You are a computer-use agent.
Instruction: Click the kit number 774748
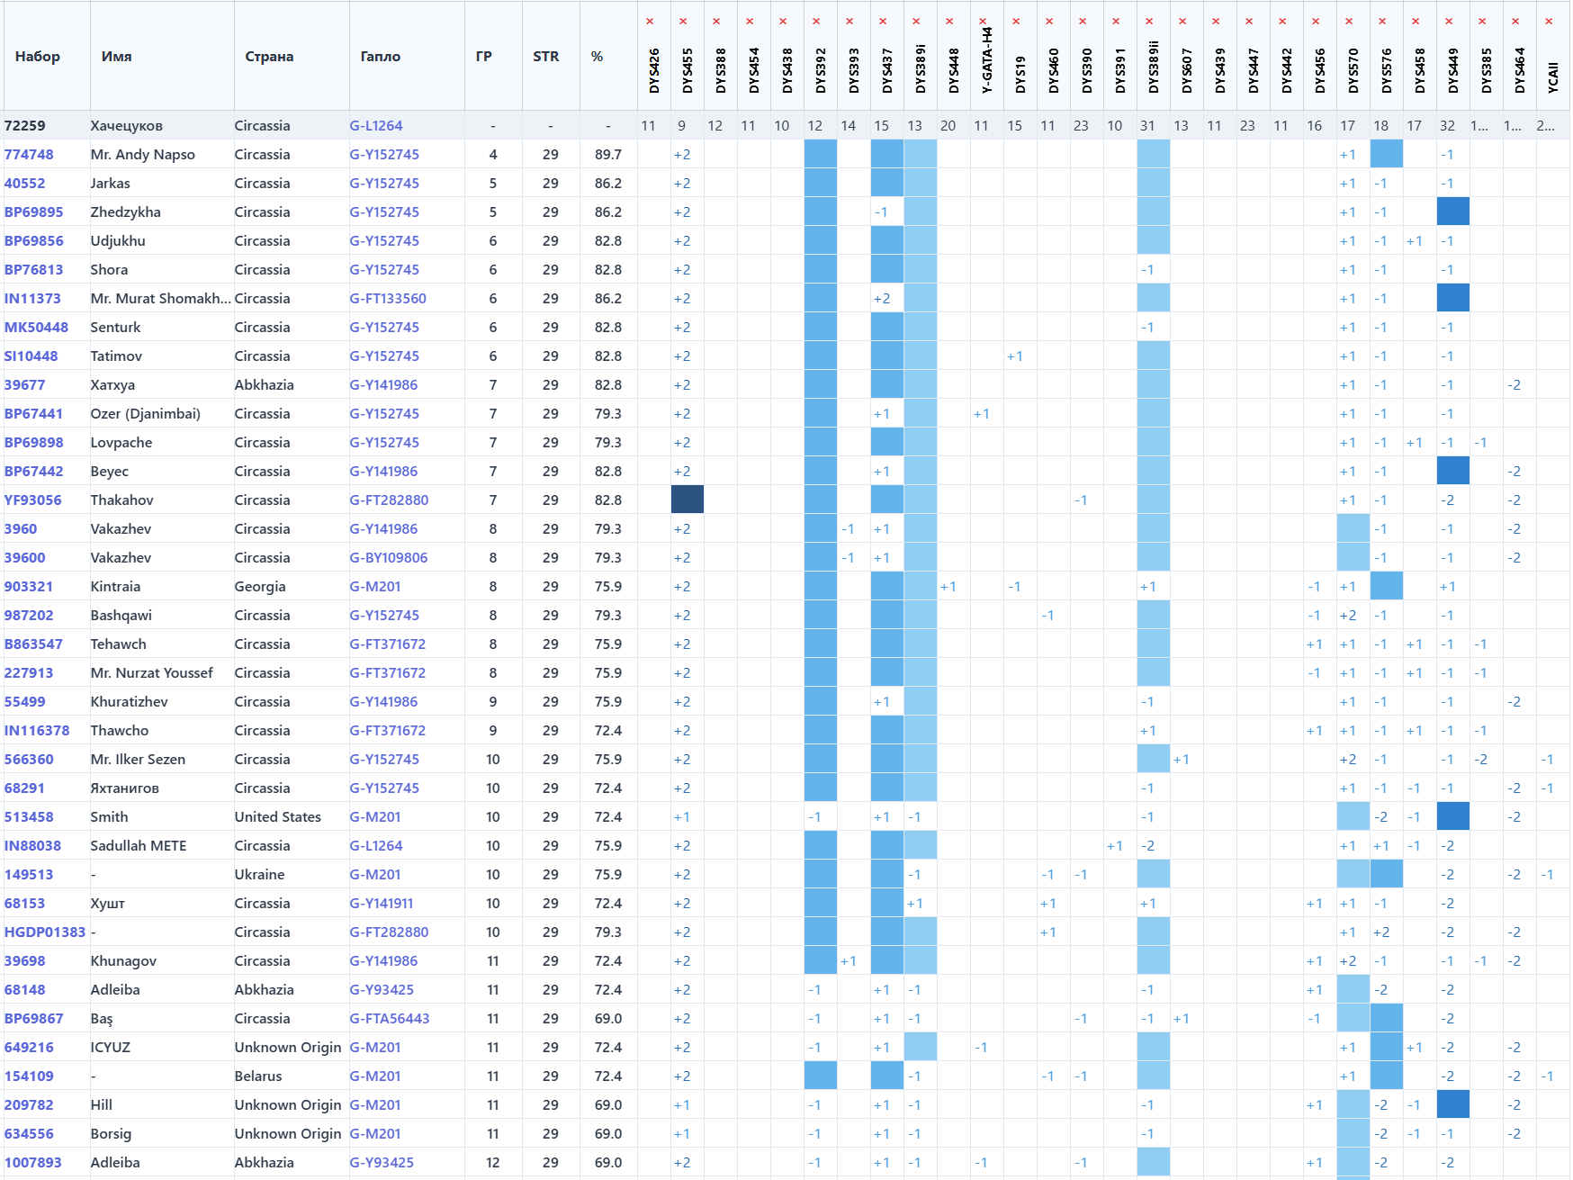pyautogui.click(x=29, y=155)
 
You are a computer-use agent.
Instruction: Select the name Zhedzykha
pyautogui.click(x=125, y=212)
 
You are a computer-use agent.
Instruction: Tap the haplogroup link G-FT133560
pyautogui.click(x=388, y=299)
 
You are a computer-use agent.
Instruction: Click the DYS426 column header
pyautogui.click(x=654, y=71)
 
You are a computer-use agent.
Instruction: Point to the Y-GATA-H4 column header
pyautogui.click(x=987, y=61)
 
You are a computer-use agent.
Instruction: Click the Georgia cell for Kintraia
pyautogui.click(x=260, y=587)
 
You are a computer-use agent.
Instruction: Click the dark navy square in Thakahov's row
pyautogui.click(x=688, y=500)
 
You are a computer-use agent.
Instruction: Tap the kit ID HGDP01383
pyautogui.click(x=45, y=932)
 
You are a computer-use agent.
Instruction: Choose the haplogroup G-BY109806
pyautogui.click(x=389, y=558)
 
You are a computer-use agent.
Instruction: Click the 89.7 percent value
pyautogui.click(x=608, y=155)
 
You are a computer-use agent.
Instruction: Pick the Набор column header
pyautogui.click(x=38, y=57)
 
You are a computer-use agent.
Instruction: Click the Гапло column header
pyautogui.click(x=380, y=57)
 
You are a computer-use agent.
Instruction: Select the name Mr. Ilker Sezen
pyautogui.click(x=138, y=760)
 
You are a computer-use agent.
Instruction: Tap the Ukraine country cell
pyautogui.click(x=259, y=875)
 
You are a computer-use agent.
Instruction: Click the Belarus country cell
pyautogui.click(x=258, y=1076)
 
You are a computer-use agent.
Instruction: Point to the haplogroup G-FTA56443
pyautogui.click(x=390, y=1019)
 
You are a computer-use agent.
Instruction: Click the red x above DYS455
pyautogui.click(x=683, y=22)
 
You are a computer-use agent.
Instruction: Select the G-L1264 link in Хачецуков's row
pyautogui.click(x=376, y=126)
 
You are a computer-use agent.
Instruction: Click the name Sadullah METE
pyautogui.click(x=139, y=846)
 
